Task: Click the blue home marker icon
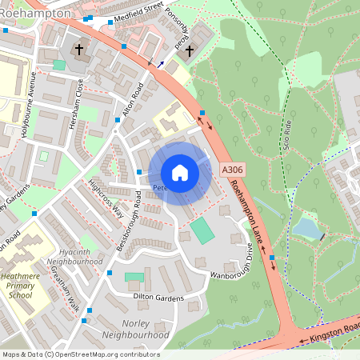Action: click(x=180, y=173)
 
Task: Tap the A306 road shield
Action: click(x=231, y=170)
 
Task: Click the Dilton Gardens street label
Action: click(x=158, y=298)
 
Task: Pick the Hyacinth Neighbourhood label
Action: click(x=75, y=256)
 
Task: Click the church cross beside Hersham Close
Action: click(x=79, y=50)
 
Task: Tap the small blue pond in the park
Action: click(x=306, y=230)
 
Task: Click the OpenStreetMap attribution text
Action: click(x=80, y=354)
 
